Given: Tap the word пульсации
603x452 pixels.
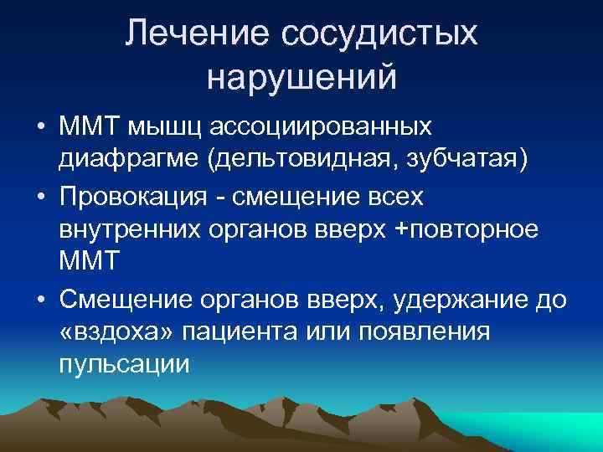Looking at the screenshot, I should coord(125,365).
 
